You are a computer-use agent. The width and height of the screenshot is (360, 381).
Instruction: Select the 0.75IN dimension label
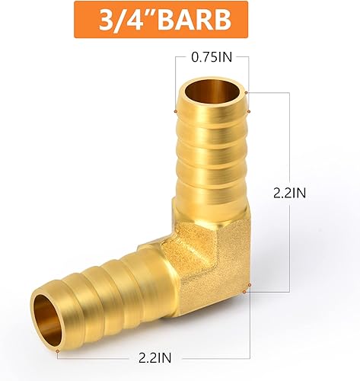click(212, 58)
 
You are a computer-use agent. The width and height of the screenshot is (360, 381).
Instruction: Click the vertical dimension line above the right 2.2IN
click(290, 137)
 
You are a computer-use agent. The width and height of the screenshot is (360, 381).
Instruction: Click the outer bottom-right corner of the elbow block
click(246, 288)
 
